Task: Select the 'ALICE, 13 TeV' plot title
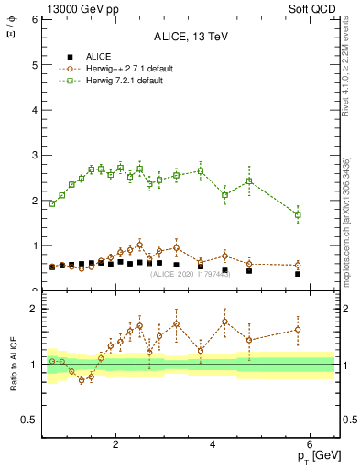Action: (x=191, y=38)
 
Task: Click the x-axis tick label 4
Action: (x=213, y=444)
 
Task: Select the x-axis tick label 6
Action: (x=311, y=444)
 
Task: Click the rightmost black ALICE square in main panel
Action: (x=298, y=274)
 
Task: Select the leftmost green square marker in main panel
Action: (x=52, y=203)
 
